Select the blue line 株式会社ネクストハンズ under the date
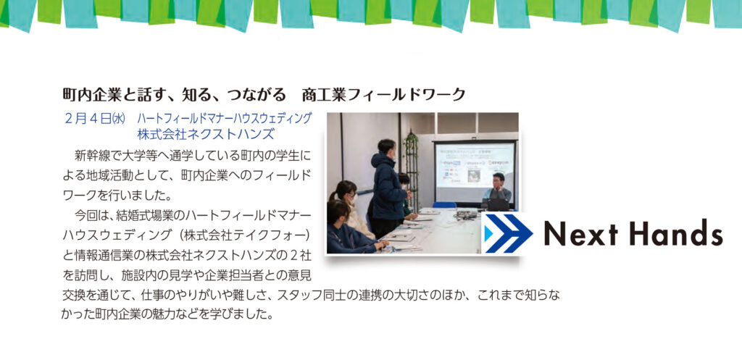205,134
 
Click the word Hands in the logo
680,233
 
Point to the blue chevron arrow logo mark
507,233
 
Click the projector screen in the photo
475,172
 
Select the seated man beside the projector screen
497,192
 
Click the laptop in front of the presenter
494,204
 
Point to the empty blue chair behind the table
444,205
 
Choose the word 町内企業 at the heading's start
87,95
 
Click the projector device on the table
466,214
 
